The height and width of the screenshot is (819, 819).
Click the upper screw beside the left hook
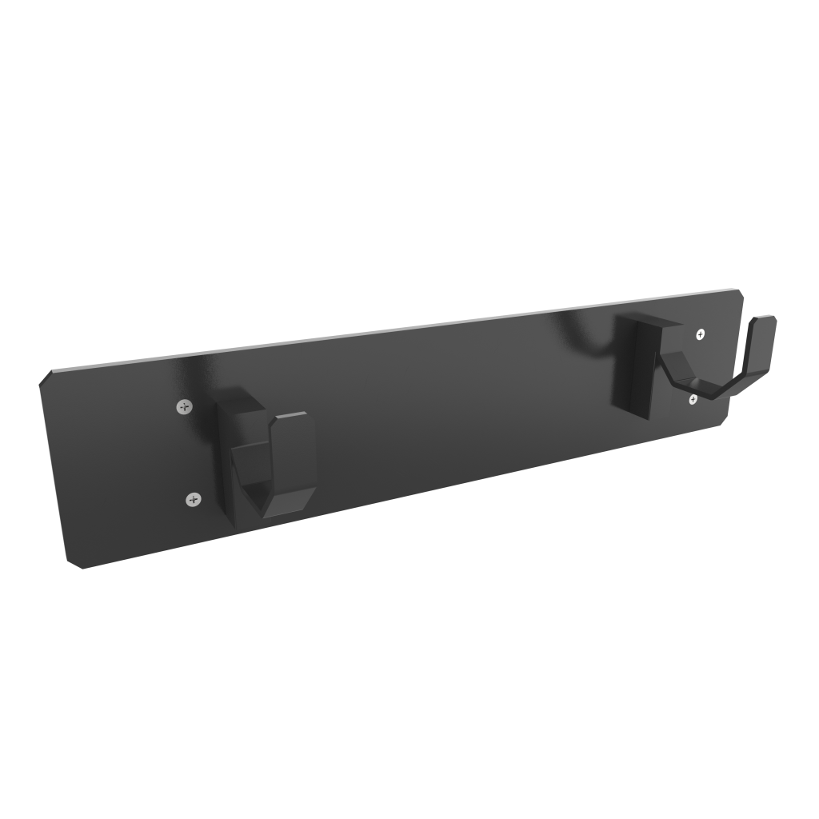[x=185, y=406]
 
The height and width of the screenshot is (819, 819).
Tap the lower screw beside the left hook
[x=194, y=499]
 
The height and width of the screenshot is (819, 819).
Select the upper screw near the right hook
[x=701, y=334]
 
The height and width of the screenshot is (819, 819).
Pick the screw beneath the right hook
[x=693, y=399]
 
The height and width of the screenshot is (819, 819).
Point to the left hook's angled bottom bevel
[x=284, y=504]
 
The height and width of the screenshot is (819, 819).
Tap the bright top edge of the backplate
[x=400, y=333]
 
